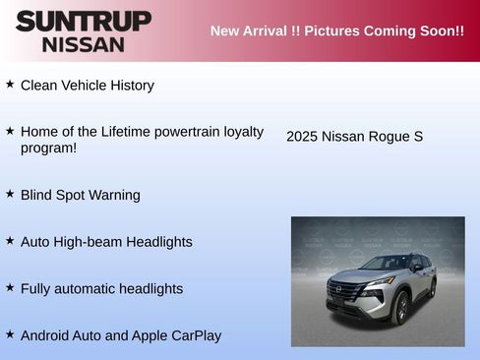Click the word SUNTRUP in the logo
click(84, 20)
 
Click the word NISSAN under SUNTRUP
click(84, 44)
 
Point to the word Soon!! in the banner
click(440, 30)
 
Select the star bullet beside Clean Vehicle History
click(10, 85)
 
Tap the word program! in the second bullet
click(48, 148)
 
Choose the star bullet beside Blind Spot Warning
click(10, 194)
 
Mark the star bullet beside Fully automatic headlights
click(10, 287)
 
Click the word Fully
click(36, 289)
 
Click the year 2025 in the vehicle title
click(302, 137)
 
